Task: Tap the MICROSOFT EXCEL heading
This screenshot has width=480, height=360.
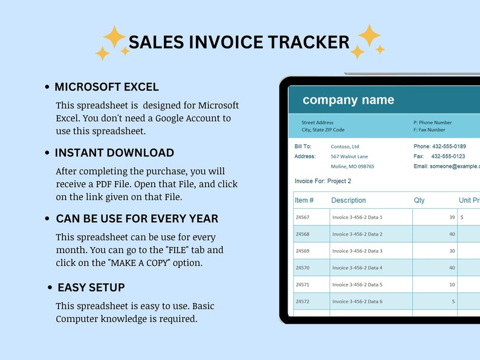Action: pyautogui.click(x=106, y=87)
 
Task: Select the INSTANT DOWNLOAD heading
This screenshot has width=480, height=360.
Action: pyautogui.click(x=114, y=153)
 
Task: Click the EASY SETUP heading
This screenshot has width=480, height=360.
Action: pyautogui.click(x=91, y=288)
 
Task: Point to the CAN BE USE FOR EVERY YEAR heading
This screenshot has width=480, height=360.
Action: pyautogui.click(x=137, y=219)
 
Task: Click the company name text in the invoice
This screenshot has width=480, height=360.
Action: pyautogui.click(x=348, y=100)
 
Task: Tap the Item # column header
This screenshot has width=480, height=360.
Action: pyautogui.click(x=304, y=201)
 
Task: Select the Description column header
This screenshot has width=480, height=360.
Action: pyautogui.click(x=348, y=201)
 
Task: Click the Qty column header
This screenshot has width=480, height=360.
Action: pyautogui.click(x=419, y=201)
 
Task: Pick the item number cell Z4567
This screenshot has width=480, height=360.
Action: pyautogui.click(x=302, y=217)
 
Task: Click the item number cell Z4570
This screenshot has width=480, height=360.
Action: pyautogui.click(x=302, y=268)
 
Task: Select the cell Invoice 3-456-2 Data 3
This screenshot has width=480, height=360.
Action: pyautogui.click(x=357, y=251)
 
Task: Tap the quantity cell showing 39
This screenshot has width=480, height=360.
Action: pyautogui.click(x=452, y=217)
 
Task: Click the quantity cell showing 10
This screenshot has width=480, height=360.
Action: pyautogui.click(x=452, y=284)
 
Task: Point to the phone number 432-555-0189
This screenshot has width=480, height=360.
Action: pyautogui.click(x=449, y=147)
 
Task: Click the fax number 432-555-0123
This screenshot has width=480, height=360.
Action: pyautogui.click(x=448, y=156)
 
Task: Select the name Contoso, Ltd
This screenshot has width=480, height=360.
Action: pyautogui.click(x=345, y=147)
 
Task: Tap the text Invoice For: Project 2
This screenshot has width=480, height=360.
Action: pyautogui.click(x=322, y=181)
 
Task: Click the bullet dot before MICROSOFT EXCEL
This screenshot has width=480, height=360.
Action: pyautogui.click(x=47, y=88)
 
